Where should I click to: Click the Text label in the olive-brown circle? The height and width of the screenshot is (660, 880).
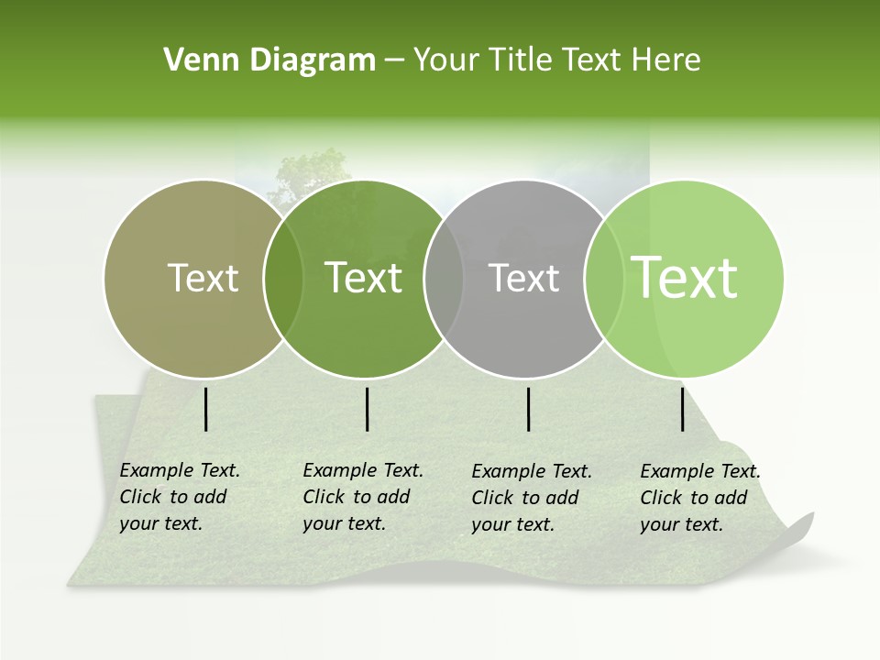point(203,279)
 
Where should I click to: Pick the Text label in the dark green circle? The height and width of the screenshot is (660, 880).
point(364,279)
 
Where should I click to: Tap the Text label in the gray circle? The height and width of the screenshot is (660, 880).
point(524,279)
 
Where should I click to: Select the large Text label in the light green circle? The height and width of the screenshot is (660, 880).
point(685,278)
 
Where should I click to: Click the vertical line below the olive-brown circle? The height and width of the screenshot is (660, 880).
point(206,409)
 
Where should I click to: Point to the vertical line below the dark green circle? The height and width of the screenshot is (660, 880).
point(367,409)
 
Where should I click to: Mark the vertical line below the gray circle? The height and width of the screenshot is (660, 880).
point(529,409)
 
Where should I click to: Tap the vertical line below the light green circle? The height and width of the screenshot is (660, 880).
point(683,409)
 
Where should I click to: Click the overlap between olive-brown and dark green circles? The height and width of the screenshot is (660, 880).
point(283,279)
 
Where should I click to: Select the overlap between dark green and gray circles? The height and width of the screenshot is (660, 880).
point(444,279)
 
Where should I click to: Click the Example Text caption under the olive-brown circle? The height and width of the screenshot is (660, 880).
point(180,497)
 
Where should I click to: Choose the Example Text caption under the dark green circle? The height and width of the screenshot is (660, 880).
point(363,497)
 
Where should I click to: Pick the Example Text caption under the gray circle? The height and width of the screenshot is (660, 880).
point(532,498)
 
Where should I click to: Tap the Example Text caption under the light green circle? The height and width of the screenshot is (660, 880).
point(700,498)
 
